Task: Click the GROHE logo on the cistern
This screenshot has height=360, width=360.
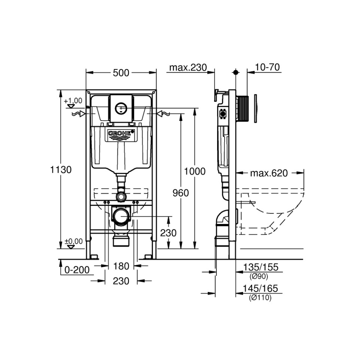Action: [x=121, y=133]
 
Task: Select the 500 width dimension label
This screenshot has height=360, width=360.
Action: [x=121, y=73]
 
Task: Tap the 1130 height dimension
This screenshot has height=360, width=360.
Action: [x=61, y=170]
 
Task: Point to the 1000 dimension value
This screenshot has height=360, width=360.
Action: [x=195, y=171]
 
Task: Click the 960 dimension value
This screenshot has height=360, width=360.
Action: [x=181, y=193]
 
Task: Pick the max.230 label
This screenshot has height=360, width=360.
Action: [x=188, y=68]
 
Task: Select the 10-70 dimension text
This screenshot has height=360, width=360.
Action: [x=267, y=67]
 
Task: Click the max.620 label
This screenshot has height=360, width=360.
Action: [x=269, y=173]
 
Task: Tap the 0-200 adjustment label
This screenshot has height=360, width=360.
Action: [x=77, y=270]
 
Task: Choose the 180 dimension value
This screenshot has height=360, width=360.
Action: [x=121, y=266]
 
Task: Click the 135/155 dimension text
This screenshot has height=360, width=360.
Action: [x=261, y=267]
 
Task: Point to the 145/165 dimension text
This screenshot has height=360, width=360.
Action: [x=260, y=288]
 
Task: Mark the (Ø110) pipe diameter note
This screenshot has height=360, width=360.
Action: [x=260, y=298]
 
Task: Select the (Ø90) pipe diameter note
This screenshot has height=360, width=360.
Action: [x=259, y=276]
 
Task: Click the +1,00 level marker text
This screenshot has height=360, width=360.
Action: [x=73, y=101]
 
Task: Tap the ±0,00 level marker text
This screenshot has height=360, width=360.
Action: [x=73, y=241]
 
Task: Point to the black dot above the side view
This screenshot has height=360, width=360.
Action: [x=235, y=72]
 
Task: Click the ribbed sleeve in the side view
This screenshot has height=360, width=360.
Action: [x=243, y=108]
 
